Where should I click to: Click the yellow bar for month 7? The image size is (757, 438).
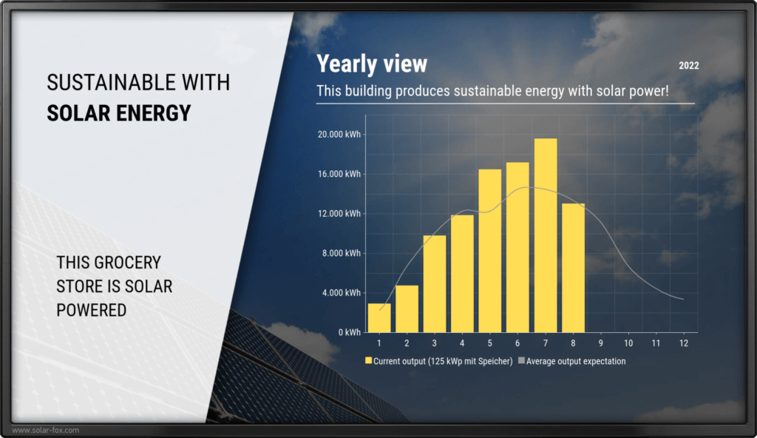[546, 235]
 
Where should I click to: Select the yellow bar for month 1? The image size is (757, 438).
[379, 318]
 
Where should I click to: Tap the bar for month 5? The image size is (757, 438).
[490, 251]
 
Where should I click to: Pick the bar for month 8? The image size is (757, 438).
[574, 269]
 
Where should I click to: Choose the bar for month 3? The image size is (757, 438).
[435, 284]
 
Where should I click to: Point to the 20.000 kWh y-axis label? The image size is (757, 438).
[339, 135]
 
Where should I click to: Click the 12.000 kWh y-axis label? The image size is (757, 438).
[339, 214]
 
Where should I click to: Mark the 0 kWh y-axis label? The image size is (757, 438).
[350, 333]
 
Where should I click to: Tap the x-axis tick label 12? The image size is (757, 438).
[684, 343]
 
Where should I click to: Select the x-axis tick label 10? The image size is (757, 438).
[628, 343]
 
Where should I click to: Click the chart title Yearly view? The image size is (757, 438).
[372, 64]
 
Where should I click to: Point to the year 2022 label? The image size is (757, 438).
[689, 66]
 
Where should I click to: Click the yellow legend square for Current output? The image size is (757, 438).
[369, 360]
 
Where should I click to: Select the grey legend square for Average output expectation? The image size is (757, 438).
[521, 360]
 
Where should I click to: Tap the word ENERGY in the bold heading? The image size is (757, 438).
[154, 113]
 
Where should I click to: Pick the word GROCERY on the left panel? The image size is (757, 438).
[127, 263]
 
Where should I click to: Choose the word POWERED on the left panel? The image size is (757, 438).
[91, 310]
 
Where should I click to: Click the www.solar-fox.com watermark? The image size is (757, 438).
[45, 431]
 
